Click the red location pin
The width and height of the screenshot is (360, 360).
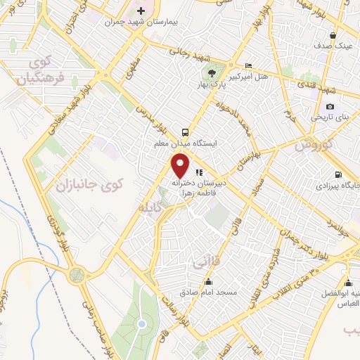click(x=181, y=165)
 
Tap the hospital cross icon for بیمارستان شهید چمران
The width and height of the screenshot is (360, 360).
click(x=141, y=11)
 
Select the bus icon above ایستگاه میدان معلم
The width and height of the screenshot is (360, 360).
click(x=185, y=131)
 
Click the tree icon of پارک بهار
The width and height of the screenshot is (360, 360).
click(x=210, y=72)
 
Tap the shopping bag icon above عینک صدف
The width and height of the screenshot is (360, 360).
click(x=333, y=35)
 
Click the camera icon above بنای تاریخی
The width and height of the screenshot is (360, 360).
click(x=330, y=106)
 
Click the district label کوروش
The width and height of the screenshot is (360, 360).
click(x=310, y=146)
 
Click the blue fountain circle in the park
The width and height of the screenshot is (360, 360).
click(x=141, y=324)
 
